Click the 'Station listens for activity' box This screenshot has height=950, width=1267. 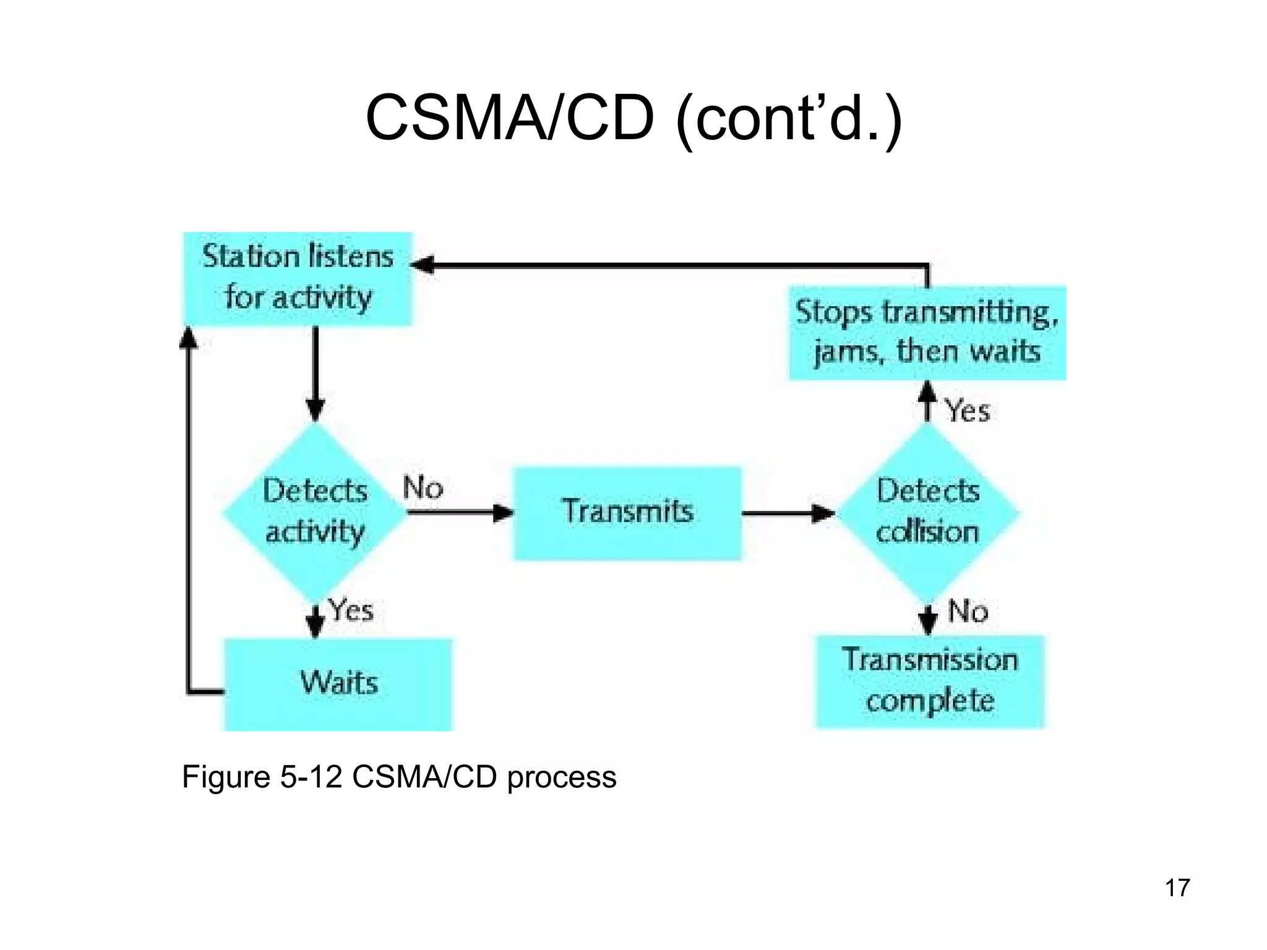click(x=298, y=278)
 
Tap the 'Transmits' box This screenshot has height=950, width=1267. click(x=627, y=513)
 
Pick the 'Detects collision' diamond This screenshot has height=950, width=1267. click(x=927, y=512)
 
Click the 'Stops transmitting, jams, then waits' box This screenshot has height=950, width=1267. click(x=927, y=333)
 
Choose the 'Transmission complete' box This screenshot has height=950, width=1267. click(x=929, y=682)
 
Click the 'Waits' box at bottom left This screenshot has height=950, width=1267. click(x=338, y=684)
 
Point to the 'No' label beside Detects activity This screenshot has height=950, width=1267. click(x=423, y=487)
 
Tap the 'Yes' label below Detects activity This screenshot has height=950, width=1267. click(x=351, y=610)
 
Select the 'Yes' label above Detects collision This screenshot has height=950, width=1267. click(x=968, y=411)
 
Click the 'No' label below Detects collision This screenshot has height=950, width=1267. click(x=968, y=611)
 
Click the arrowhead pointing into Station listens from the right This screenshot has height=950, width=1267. click(x=423, y=265)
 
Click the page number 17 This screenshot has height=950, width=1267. click(x=1177, y=888)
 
